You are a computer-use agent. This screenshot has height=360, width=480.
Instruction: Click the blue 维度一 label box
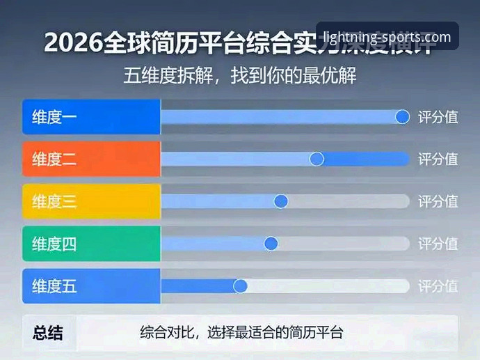[x=91, y=117]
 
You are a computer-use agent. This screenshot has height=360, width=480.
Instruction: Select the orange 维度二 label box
[x=91, y=159]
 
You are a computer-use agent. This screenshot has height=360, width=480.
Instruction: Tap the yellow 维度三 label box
[x=91, y=201]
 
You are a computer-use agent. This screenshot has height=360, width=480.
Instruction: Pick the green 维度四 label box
[x=91, y=244]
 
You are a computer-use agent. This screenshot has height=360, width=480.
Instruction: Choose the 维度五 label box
[x=91, y=285]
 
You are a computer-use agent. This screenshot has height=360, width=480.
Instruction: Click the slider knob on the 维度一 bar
[x=402, y=117]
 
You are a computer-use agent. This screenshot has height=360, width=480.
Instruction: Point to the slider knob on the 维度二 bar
[x=317, y=159]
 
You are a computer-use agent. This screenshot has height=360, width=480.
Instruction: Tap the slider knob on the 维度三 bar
[x=281, y=201]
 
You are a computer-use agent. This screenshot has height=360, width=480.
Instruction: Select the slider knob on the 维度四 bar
[x=271, y=244]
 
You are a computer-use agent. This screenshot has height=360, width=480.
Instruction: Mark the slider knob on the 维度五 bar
[x=241, y=285]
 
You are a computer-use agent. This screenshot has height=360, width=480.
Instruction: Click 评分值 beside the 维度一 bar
[x=438, y=117]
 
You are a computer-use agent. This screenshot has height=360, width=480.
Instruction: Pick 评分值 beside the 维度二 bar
[x=438, y=159]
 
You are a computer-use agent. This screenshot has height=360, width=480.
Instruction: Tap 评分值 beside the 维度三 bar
[x=438, y=201]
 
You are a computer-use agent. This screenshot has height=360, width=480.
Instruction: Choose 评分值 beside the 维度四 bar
[x=438, y=244]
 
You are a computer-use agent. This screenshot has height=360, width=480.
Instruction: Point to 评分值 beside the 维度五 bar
[x=438, y=285]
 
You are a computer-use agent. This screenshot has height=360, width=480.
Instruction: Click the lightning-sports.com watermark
[x=387, y=37]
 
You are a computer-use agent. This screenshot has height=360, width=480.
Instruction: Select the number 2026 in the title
[x=72, y=42]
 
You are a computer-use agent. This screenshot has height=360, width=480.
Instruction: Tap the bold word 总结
[x=48, y=333]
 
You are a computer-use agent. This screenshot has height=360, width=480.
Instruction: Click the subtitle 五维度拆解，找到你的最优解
[x=240, y=75]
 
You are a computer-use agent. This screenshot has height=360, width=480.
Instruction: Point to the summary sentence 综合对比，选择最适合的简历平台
[x=242, y=333]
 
